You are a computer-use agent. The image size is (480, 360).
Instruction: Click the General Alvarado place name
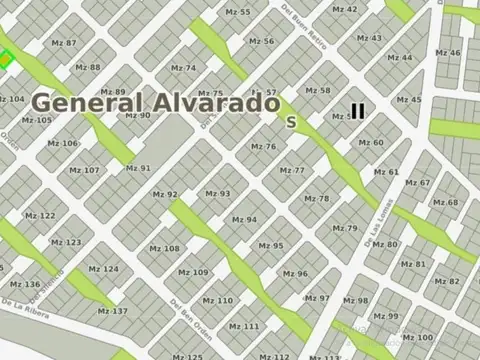coord(155,102)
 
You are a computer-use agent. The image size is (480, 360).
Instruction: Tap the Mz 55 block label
coord(238,12)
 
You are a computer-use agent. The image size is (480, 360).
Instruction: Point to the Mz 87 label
coord(64,43)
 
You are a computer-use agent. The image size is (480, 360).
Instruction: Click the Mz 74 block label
coord(184,68)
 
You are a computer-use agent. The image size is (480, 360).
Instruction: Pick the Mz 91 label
coord(138,168)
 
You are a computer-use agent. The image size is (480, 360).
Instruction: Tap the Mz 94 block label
coord(244,219)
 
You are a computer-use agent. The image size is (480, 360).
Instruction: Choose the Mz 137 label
coord(113,311)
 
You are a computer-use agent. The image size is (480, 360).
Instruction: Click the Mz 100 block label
coord(418,338)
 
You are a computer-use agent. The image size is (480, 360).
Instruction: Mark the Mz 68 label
coord(445,202)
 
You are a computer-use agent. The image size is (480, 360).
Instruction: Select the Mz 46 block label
coord(449,53)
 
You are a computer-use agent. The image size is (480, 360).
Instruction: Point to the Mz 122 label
coord(40,216)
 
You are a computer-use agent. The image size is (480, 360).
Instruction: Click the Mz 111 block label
coord(244,326)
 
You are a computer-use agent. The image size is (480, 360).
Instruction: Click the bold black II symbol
coord(357,112)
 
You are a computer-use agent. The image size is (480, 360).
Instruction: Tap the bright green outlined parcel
coord(6,62)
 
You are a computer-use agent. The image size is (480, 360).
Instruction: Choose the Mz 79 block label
coord(345,228)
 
